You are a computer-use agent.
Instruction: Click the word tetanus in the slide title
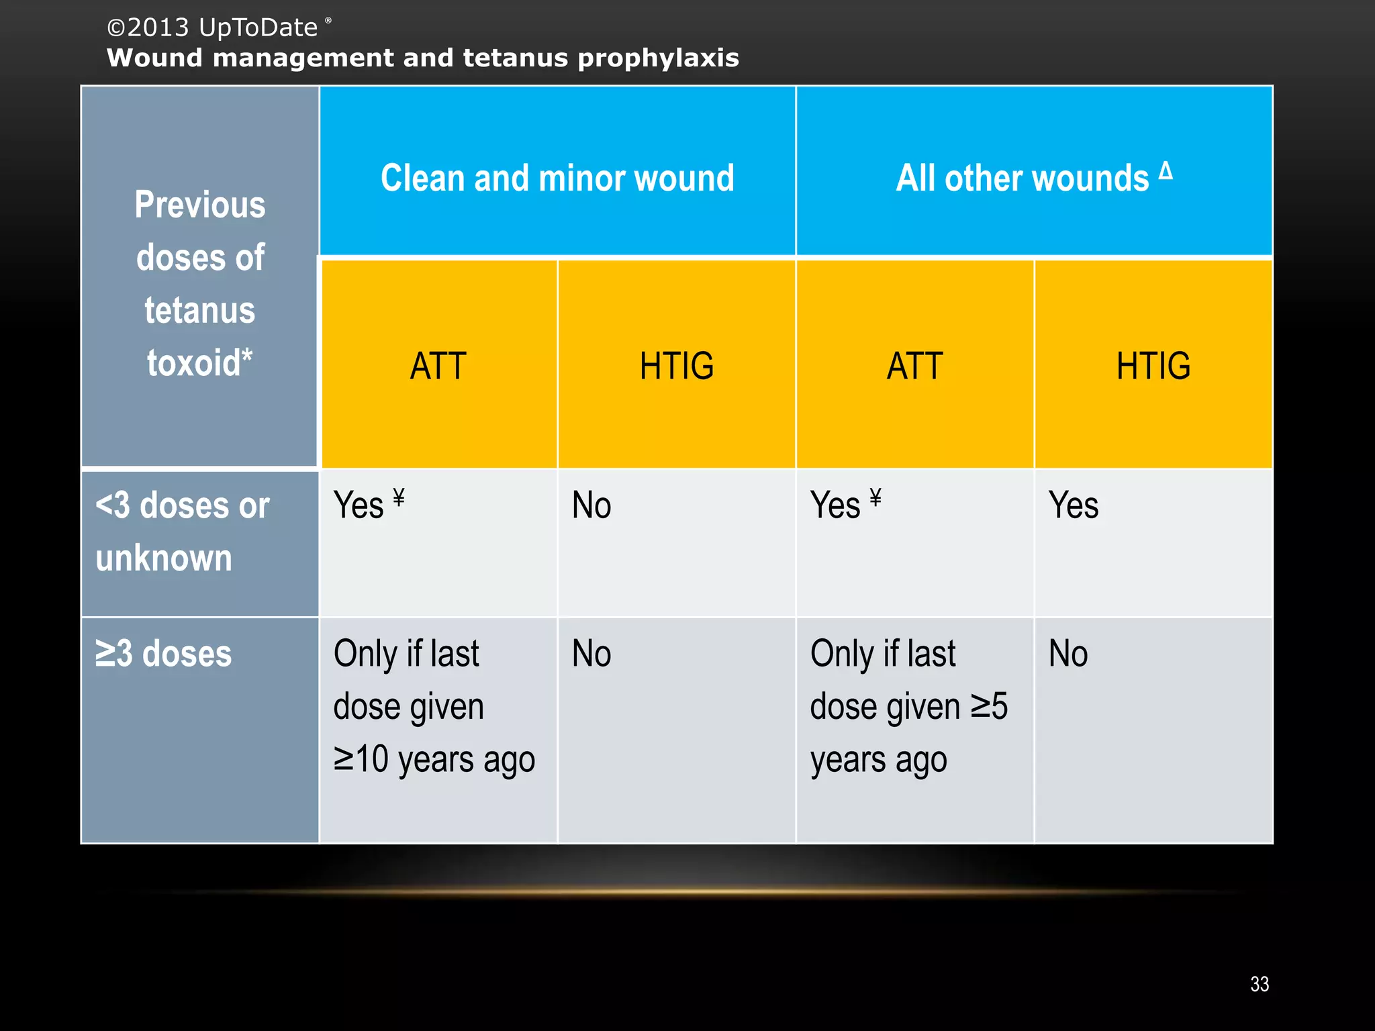pyautogui.click(x=514, y=58)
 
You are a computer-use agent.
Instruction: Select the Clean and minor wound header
pyautogui.click(x=557, y=178)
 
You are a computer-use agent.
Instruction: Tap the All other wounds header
pyautogui.click(x=1022, y=179)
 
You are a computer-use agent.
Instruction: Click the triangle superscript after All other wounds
pyautogui.click(x=1166, y=170)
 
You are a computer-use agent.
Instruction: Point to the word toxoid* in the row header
pyautogui.click(x=199, y=363)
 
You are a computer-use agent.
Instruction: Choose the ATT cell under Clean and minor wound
pyautogui.click(x=438, y=366)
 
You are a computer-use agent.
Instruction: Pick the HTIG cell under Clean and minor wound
pyautogui.click(x=677, y=366)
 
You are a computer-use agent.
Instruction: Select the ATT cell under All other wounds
pyautogui.click(x=915, y=366)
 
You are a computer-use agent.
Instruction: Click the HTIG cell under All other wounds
pyautogui.click(x=1153, y=366)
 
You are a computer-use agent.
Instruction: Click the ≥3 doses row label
pyautogui.click(x=163, y=653)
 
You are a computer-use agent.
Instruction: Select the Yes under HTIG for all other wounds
pyautogui.click(x=1073, y=505)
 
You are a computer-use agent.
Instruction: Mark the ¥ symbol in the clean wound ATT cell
pyautogui.click(x=399, y=497)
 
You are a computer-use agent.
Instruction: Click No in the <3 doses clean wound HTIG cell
pyautogui.click(x=591, y=505)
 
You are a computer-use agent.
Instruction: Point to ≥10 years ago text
pyautogui.click(x=434, y=760)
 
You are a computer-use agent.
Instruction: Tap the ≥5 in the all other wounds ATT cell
pyautogui.click(x=989, y=706)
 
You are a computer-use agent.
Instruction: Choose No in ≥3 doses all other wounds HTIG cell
pyautogui.click(x=1068, y=653)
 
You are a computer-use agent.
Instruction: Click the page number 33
pyautogui.click(x=1259, y=984)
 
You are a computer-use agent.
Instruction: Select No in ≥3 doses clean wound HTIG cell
pyautogui.click(x=591, y=653)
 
